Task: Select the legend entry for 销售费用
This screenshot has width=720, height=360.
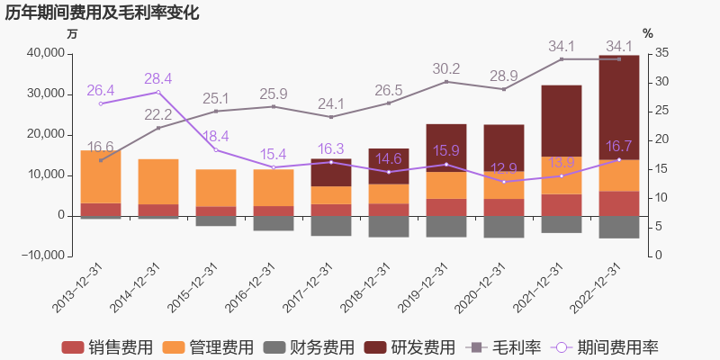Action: point(106,347)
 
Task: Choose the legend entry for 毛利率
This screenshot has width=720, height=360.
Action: point(504,347)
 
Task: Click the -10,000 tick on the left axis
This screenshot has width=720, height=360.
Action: point(40,256)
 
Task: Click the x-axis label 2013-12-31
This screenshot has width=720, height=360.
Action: point(80,288)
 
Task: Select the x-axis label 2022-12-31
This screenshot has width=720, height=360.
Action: point(598,288)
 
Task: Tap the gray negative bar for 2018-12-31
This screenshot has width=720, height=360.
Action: point(389,226)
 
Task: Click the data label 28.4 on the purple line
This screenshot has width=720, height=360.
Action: point(158,78)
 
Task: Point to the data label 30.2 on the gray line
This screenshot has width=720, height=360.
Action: point(446,68)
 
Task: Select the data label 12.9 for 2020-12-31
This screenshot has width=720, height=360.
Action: point(504,167)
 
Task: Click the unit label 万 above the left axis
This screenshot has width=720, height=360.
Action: point(73,33)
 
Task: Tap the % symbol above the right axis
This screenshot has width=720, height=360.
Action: point(647,33)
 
